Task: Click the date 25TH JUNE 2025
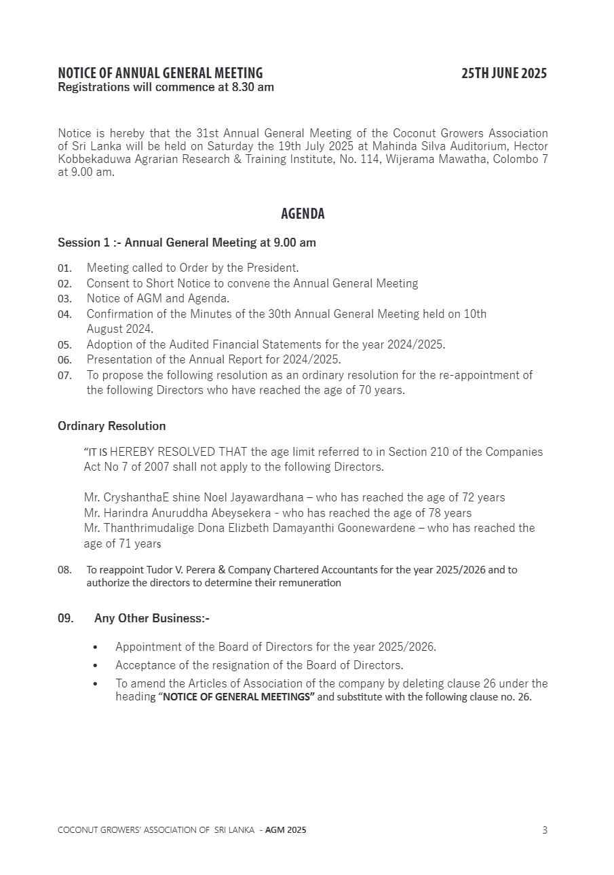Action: pos(503,73)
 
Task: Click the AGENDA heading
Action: pos(303,214)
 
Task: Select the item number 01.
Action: pos(64,268)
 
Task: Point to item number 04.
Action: pos(64,315)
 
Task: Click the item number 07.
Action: pos(64,376)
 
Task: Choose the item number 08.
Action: pos(64,570)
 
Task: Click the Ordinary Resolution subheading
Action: pos(111,426)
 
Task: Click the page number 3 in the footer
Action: pos(545,829)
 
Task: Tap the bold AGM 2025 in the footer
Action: pos(286,829)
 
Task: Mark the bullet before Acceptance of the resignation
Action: pos(95,666)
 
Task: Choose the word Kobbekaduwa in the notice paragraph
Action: pos(89,160)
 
